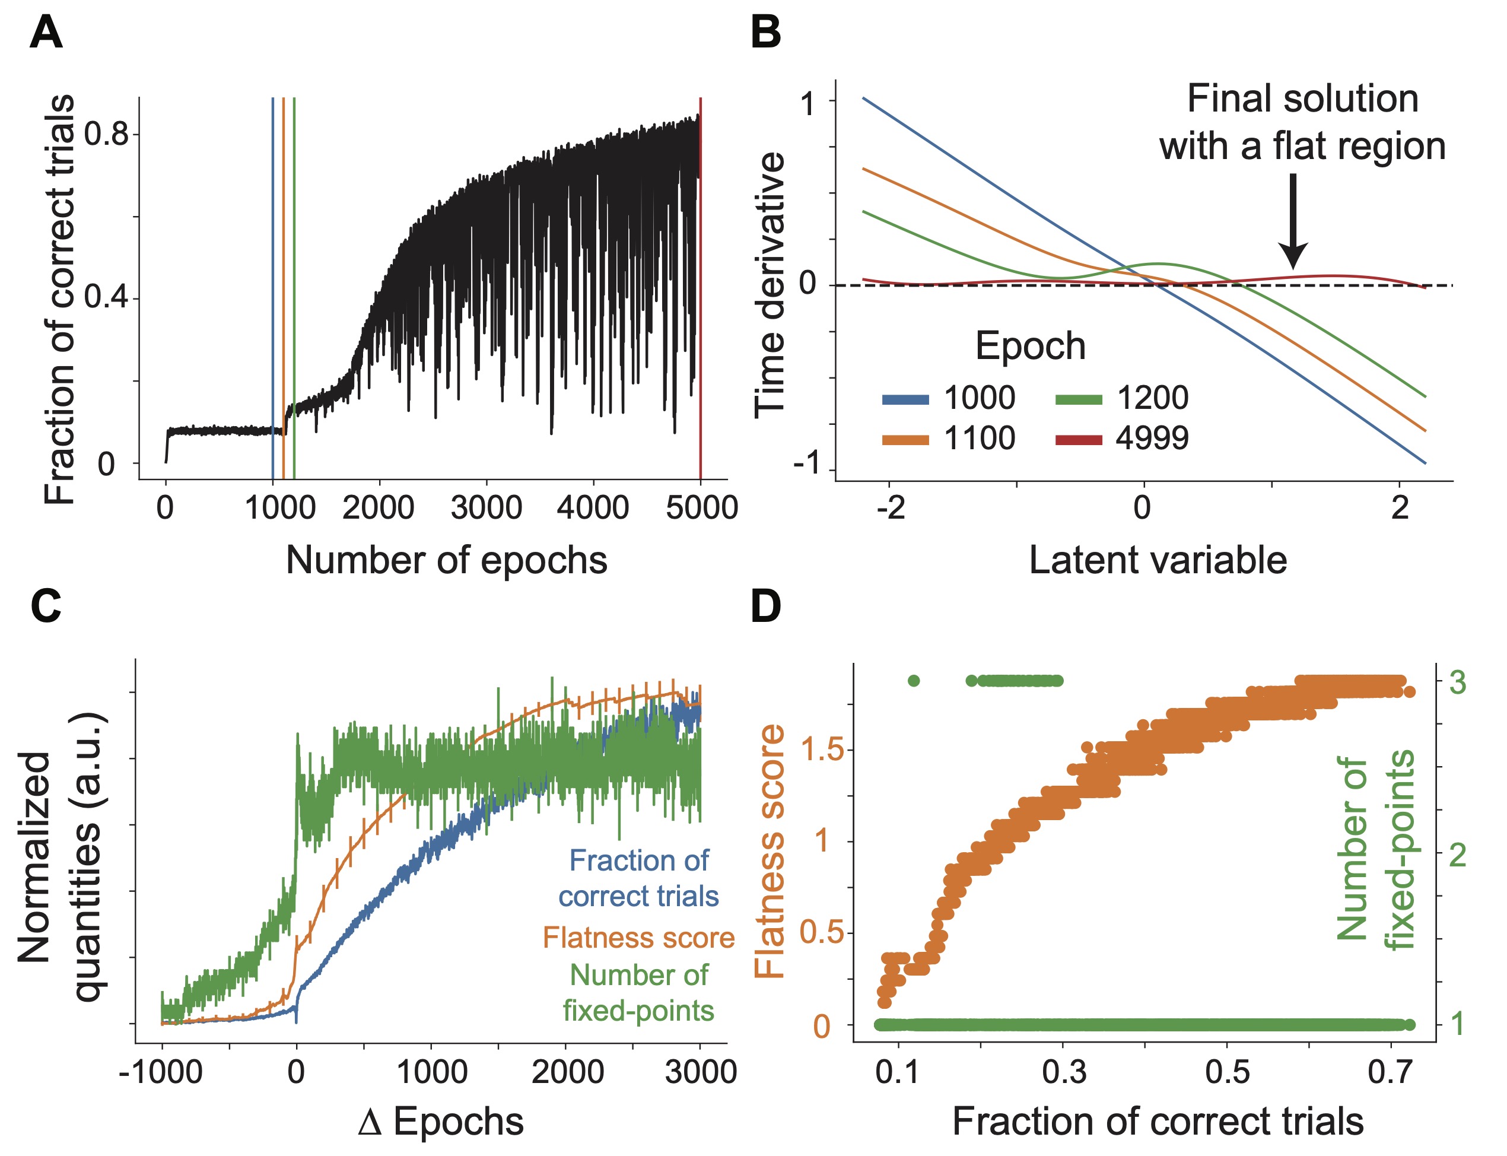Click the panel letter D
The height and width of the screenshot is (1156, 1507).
click(x=765, y=606)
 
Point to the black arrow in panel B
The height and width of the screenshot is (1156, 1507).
click(x=1292, y=220)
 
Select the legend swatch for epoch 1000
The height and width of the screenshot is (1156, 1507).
click(x=905, y=399)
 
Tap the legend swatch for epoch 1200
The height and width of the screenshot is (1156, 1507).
click(x=1079, y=399)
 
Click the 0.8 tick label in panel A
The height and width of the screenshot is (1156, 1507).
click(x=107, y=134)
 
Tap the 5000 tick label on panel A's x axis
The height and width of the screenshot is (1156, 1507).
click(x=701, y=508)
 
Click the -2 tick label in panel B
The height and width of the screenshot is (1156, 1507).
click(x=890, y=508)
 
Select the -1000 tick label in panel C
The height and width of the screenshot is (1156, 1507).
click(x=160, y=1072)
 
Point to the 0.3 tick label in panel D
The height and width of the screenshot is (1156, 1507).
click(x=1063, y=1072)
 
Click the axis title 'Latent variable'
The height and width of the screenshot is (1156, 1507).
click(x=1158, y=560)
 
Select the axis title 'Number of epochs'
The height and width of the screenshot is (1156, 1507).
click(x=446, y=560)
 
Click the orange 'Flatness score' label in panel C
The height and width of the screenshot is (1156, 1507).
click(x=638, y=937)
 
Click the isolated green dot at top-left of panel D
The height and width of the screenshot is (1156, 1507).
click(x=914, y=681)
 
